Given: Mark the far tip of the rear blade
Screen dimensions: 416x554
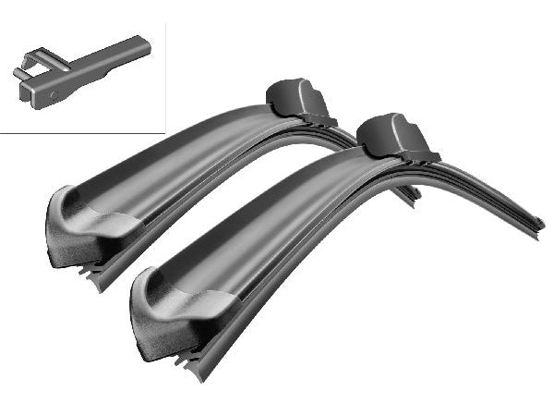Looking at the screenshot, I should pyautogui.click(x=415, y=194).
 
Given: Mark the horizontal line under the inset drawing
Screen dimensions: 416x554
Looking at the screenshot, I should pyautogui.click(x=83, y=132).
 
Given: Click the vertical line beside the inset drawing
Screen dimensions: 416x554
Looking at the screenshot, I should pyautogui.click(x=165, y=74).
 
